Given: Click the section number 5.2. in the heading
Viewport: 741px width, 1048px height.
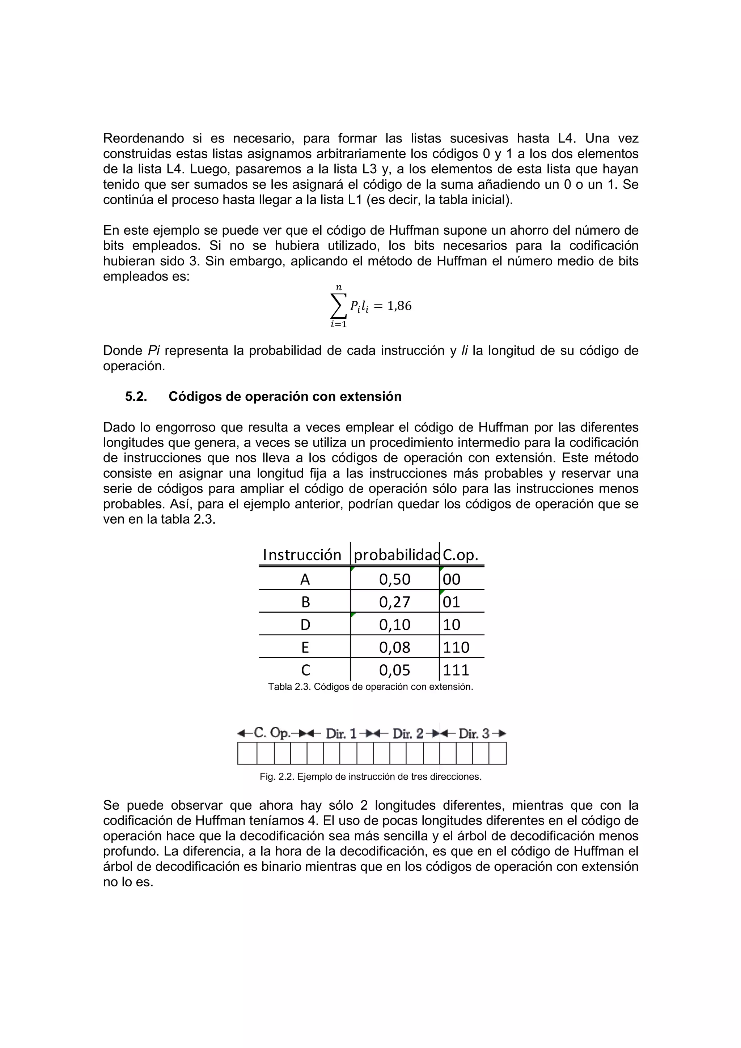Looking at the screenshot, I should coord(136,396).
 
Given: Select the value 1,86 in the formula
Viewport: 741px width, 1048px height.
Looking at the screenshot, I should coord(399,306).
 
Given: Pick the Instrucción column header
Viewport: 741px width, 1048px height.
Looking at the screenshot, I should coord(302,555).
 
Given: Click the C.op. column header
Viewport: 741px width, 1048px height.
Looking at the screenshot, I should coord(461,555).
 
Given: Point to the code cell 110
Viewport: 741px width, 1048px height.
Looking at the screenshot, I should coord(456,647).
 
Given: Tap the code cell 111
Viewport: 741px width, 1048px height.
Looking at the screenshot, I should coord(456,670).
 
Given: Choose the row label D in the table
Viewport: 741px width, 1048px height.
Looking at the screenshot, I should coord(305,625).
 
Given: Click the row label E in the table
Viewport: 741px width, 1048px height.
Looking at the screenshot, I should coord(305,647).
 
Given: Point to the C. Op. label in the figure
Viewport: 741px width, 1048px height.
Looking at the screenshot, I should coord(272,733).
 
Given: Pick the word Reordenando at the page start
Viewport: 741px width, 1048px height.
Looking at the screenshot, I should coord(143,138).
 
